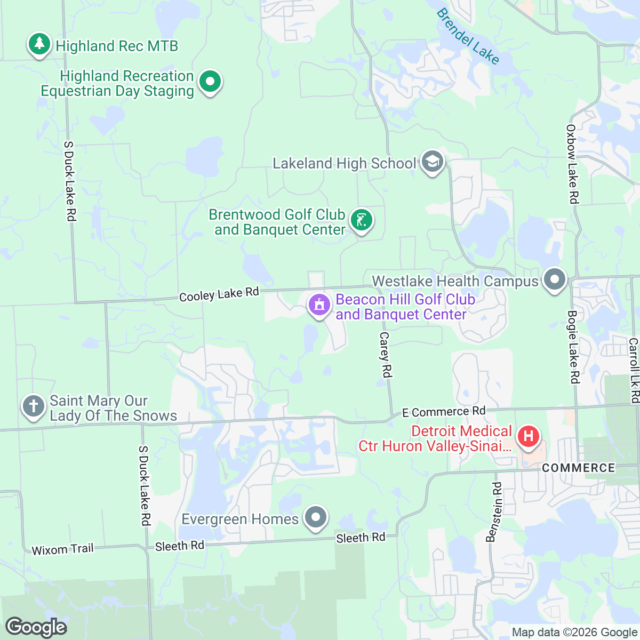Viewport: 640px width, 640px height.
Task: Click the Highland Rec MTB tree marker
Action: tap(39, 45)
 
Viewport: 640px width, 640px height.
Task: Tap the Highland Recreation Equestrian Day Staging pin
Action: tap(210, 82)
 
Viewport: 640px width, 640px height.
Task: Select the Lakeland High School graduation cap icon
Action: tap(432, 162)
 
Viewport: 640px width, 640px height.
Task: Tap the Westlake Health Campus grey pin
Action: tap(555, 279)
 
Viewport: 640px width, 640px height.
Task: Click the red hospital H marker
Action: tap(528, 437)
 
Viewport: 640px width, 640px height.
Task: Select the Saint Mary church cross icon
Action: tap(33, 406)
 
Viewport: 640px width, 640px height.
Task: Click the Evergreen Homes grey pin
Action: tap(316, 517)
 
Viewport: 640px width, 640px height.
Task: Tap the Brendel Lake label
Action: tap(468, 36)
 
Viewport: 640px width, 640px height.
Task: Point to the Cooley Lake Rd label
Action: tap(219, 294)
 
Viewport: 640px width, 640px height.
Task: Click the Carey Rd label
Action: tap(385, 355)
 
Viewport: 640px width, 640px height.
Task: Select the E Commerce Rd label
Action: tap(444, 412)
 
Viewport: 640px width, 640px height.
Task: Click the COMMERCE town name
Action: tap(578, 468)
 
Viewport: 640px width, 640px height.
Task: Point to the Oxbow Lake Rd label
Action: tap(572, 164)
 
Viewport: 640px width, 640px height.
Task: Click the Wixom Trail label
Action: tap(62, 549)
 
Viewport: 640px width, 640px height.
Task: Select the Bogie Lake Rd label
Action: tap(573, 347)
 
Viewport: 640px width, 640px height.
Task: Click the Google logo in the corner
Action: tap(36, 627)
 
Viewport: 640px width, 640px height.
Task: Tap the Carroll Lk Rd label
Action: tap(634, 370)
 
